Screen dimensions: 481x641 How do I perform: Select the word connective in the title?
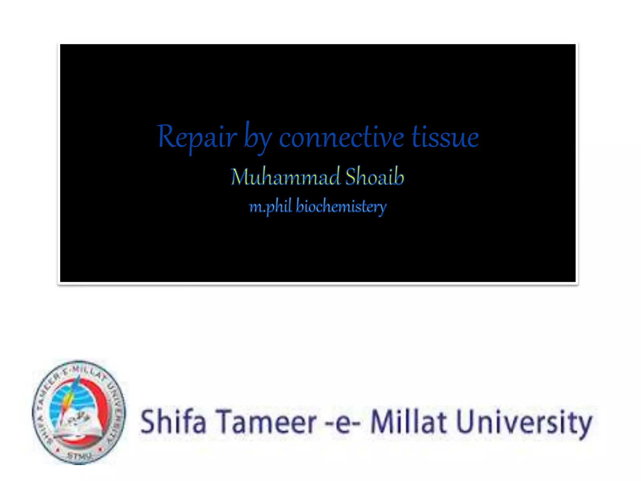[341, 138]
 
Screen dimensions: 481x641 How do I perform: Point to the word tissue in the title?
[445, 138]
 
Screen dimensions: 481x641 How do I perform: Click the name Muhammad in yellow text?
[285, 177]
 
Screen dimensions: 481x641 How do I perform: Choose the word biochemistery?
[341, 207]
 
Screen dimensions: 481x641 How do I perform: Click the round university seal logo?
[79, 412]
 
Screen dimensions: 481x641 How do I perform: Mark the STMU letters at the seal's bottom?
[79, 456]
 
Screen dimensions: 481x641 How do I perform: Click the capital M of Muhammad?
[240, 177]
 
